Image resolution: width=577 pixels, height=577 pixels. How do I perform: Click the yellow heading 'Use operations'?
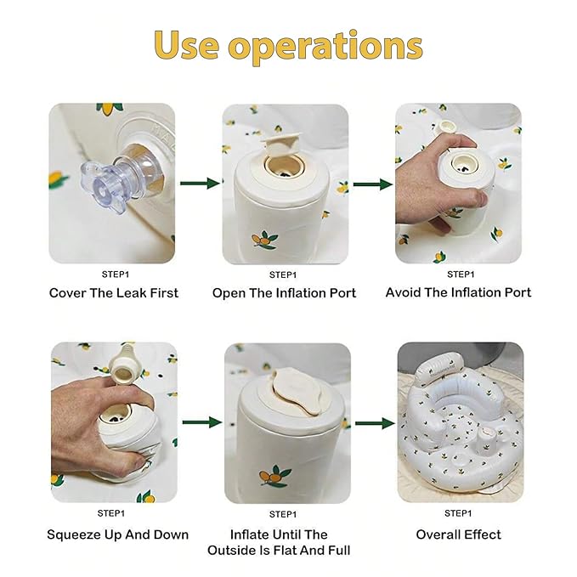(x=288, y=47)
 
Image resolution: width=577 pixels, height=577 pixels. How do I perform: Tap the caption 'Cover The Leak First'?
(x=114, y=293)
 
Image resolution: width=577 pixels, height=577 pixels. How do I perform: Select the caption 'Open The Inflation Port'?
(x=284, y=293)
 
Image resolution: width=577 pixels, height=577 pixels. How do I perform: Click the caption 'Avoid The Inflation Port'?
(x=458, y=292)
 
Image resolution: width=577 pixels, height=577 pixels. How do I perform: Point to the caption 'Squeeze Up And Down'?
(x=118, y=535)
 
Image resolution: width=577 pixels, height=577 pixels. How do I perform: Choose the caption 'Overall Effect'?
(x=459, y=535)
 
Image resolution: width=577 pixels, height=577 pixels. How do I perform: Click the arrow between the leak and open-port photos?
(x=200, y=184)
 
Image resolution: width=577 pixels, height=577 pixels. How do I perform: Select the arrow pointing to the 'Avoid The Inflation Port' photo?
(x=373, y=184)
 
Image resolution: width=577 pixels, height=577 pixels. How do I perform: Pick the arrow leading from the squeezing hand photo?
(x=202, y=422)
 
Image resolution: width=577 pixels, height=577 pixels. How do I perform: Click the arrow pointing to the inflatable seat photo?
(x=375, y=423)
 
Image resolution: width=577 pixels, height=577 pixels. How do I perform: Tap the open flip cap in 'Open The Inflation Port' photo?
(x=281, y=144)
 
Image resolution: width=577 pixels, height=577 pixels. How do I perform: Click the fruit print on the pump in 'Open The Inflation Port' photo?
(x=263, y=240)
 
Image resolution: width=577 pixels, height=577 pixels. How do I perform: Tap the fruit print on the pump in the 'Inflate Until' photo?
(x=274, y=476)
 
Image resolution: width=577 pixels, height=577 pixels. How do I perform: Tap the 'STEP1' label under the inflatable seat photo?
(x=458, y=513)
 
